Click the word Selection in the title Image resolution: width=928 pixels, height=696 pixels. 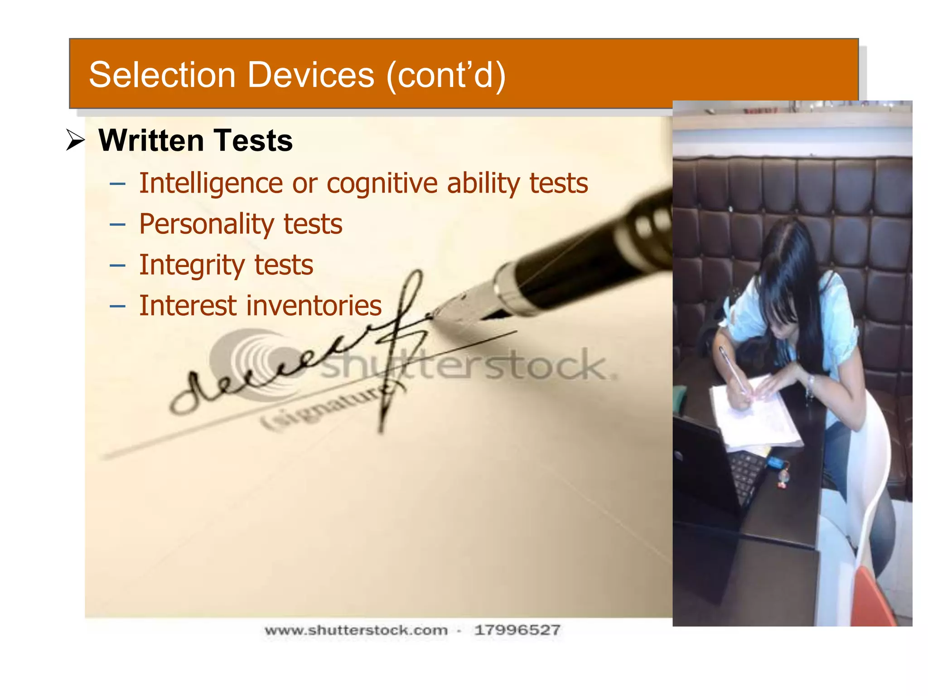pyautogui.click(x=162, y=75)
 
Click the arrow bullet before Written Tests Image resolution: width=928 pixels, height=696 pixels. pyautogui.click(x=75, y=140)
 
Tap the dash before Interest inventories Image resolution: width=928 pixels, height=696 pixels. pyautogui.click(x=117, y=306)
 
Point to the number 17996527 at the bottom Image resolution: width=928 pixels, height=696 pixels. pyautogui.click(x=517, y=630)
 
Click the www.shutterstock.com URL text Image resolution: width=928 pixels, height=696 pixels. pyautogui.click(x=356, y=630)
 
